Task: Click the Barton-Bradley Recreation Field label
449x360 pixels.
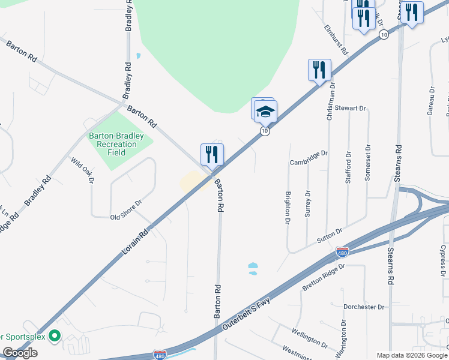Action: click(x=116, y=144)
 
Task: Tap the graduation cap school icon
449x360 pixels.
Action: click(x=265, y=111)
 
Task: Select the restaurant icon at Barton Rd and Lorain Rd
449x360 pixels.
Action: click(x=212, y=155)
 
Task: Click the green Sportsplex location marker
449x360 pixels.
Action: click(x=55, y=337)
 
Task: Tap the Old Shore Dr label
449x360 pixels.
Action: click(x=125, y=210)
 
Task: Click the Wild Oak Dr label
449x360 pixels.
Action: click(x=83, y=170)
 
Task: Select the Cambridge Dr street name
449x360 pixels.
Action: click(x=309, y=158)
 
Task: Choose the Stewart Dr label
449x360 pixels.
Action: click(x=351, y=109)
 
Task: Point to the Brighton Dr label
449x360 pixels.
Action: click(x=288, y=208)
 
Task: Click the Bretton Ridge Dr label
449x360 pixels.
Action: click(x=325, y=279)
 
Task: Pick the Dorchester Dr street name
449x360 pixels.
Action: click(x=364, y=307)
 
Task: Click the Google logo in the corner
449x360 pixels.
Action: click(x=20, y=353)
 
